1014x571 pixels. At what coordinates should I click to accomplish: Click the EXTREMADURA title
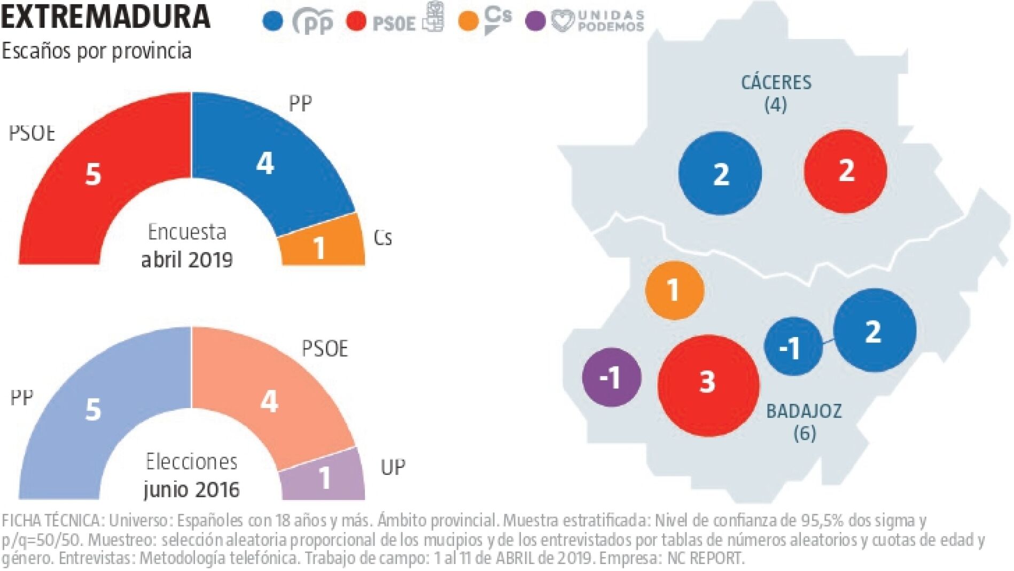click(x=106, y=17)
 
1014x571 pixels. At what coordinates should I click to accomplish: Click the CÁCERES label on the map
click(x=776, y=83)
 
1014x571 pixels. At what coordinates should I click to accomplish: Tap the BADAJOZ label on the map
click(x=804, y=411)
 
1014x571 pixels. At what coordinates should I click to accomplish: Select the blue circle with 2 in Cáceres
click(x=720, y=173)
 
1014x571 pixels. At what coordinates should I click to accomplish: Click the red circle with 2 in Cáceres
click(x=846, y=171)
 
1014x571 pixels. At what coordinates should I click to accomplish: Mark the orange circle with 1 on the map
click(x=674, y=290)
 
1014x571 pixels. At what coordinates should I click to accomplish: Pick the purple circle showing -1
click(x=611, y=377)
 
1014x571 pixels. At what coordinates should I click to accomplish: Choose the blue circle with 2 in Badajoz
click(x=875, y=330)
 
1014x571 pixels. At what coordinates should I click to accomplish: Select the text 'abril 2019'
click(x=187, y=260)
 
